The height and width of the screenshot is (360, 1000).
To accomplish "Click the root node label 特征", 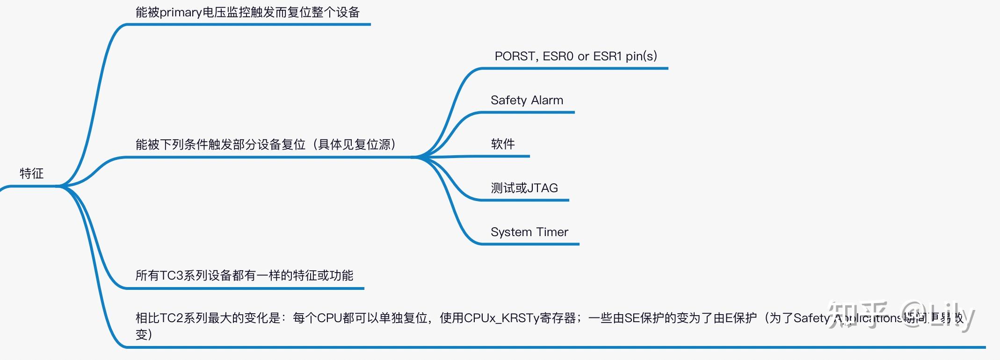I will point(31,173).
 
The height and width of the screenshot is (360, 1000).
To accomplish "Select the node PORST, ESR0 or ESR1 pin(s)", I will point(575,57).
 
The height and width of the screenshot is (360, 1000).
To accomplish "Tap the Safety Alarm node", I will point(527,100).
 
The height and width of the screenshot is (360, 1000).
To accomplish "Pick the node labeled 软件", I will point(503,144).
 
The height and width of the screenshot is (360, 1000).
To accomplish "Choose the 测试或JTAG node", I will point(524,188).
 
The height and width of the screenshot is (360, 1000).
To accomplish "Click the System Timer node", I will point(529,232).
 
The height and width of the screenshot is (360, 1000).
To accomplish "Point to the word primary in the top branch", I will point(181,13).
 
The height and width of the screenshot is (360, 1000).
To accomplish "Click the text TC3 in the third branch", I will point(172,275).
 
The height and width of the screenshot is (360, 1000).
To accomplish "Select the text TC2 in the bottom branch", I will point(172,318).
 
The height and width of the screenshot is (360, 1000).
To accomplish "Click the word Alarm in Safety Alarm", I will point(547,100).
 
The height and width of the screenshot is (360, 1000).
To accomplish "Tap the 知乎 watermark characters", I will point(857,315).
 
